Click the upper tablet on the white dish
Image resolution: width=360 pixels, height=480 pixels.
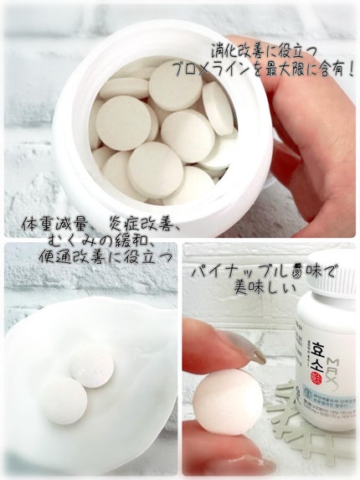tap(92, 366)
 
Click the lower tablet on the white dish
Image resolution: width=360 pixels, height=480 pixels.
tap(64, 398)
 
